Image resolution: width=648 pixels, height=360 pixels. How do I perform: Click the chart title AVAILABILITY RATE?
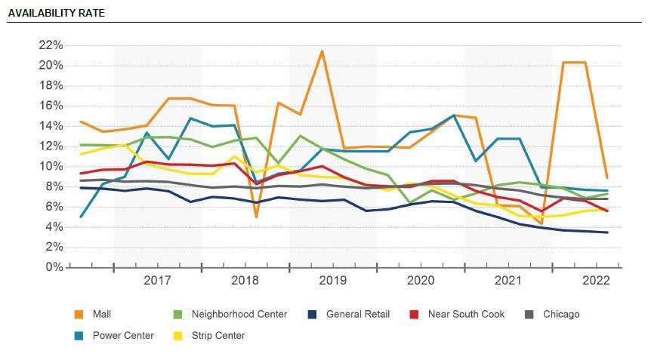point(56,14)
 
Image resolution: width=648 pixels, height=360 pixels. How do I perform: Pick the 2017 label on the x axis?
point(157,281)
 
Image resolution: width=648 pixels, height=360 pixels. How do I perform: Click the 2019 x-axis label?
point(332,281)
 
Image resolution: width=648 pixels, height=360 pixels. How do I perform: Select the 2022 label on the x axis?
point(597,281)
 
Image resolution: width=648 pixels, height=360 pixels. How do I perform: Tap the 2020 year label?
point(421,281)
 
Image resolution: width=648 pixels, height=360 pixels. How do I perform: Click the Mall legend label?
point(102,314)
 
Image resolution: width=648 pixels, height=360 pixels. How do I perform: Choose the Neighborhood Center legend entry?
point(239,314)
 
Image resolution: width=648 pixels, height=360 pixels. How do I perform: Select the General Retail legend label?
point(358,314)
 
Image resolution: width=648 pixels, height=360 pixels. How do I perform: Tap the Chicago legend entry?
point(561,314)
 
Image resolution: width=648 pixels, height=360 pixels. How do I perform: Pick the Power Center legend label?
point(123,335)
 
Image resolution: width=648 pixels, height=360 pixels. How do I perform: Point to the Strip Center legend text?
point(219,335)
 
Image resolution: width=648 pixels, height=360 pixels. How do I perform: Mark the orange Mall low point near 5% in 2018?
point(257,217)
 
